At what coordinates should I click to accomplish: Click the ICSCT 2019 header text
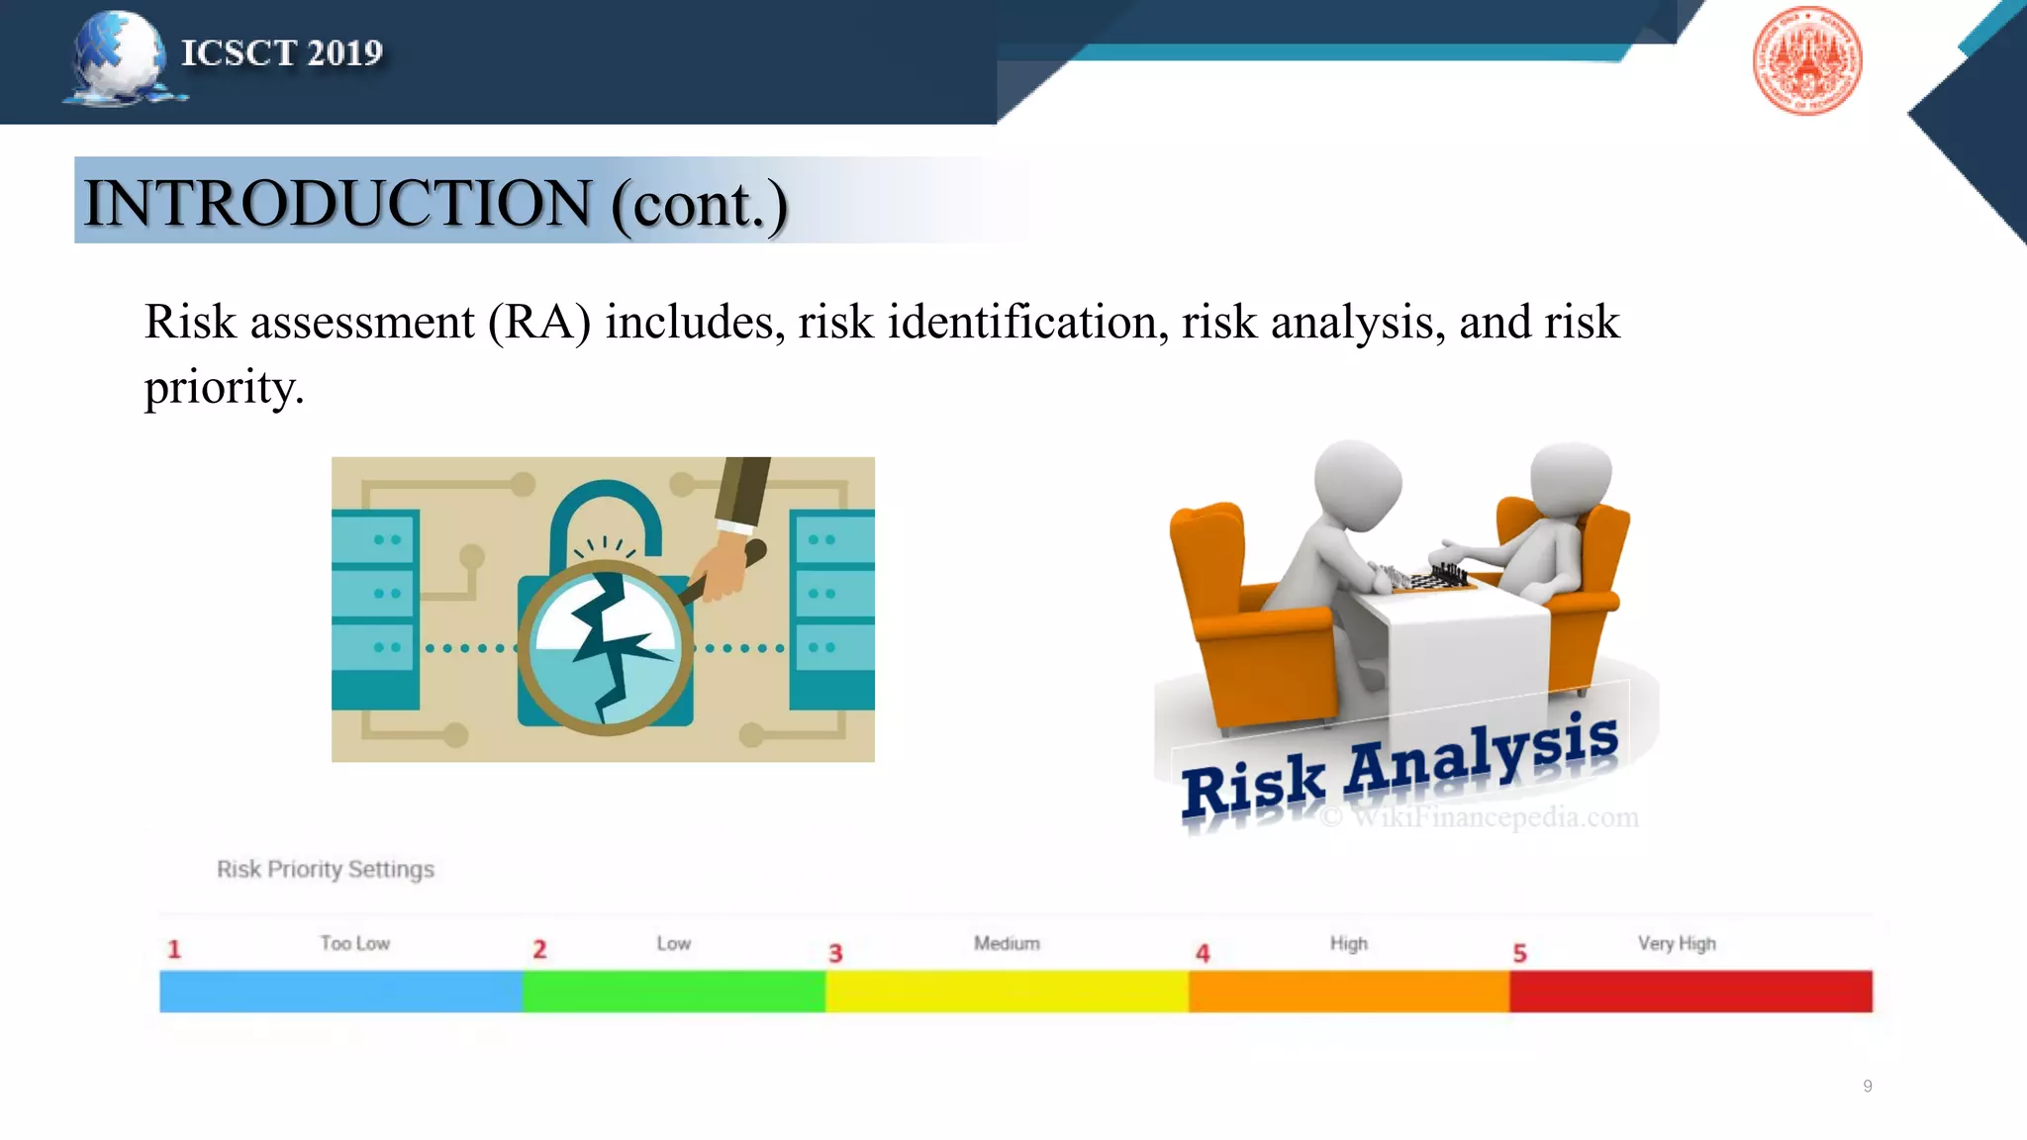pos(281,52)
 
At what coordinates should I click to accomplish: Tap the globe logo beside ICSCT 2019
pos(119,57)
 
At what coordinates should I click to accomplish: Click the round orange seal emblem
pos(1806,60)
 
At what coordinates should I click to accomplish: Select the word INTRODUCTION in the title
pos(338,203)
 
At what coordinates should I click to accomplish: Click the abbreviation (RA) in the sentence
pos(539,323)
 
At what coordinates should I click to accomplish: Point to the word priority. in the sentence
pos(224,387)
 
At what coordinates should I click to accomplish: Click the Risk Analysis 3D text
pos(1400,767)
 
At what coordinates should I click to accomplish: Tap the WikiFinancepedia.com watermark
pos(1481,817)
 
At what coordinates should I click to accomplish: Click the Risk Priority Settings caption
pos(326,869)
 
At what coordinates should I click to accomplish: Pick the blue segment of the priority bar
pos(340,992)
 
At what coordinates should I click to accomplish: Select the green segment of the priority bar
pos(673,992)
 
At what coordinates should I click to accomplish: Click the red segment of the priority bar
pos(1690,992)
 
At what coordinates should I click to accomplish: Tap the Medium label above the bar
pos(1007,943)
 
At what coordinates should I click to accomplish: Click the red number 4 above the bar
pos(1203,953)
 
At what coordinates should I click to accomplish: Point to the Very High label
pos(1677,943)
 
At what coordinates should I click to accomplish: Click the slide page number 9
pos(1868,1086)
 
